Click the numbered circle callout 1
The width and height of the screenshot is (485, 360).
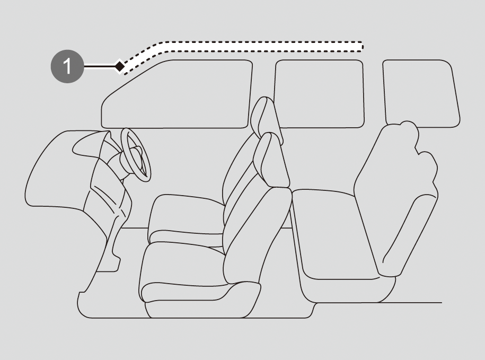tap(67, 66)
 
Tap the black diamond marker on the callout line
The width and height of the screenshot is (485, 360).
tap(119, 66)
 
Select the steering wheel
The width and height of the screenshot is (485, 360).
tap(136, 154)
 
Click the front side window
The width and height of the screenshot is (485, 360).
tap(177, 94)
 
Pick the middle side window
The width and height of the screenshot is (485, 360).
tap(319, 94)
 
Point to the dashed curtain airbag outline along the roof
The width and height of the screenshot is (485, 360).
tap(243, 47)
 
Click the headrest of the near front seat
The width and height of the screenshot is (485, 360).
tap(271, 160)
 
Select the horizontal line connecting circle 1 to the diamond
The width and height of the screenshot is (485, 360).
tap(99, 66)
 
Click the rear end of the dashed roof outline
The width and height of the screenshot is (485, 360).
tap(362, 46)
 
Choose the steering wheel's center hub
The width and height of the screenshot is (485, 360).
tap(136, 154)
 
